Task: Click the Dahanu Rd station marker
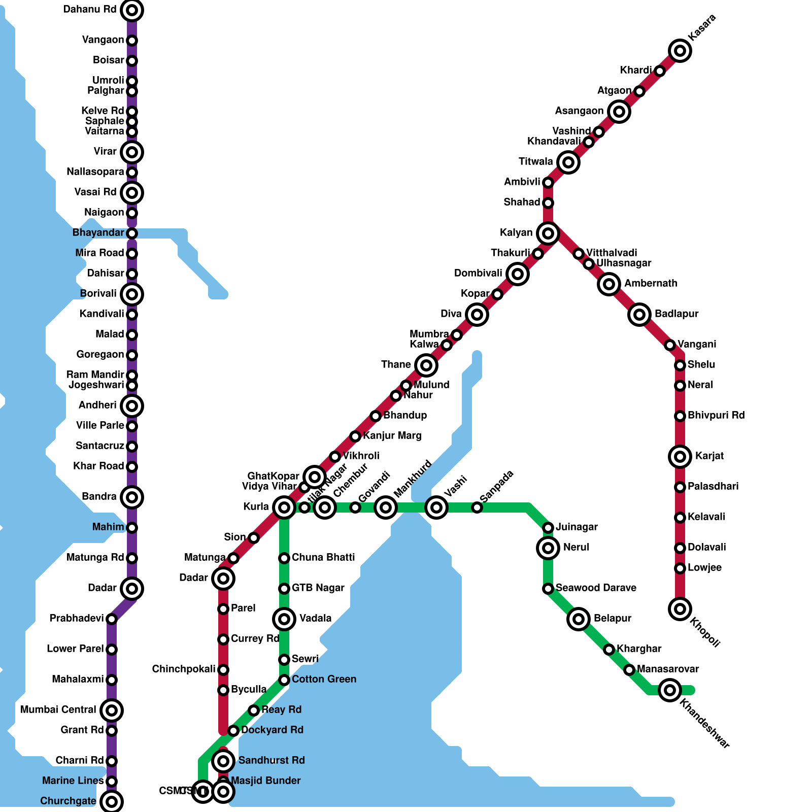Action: pos(132,10)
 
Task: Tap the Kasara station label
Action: pos(702,27)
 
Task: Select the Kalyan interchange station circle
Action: pos(548,233)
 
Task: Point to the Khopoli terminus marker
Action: pos(680,609)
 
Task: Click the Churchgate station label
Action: pos(68,801)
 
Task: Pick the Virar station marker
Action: pos(132,152)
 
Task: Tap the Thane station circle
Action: pos(426,365)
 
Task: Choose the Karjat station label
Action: pos(709,456)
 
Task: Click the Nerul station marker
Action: pos(548,548)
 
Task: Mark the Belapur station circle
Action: pos(579,619)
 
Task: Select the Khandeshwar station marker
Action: pos(670,690)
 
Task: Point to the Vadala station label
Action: pos(315,619)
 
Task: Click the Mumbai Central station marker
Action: pos(112,710)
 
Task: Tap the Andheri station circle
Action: pos(132,406)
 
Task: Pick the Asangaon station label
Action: pos(579,111)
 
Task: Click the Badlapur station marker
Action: pos(639,315)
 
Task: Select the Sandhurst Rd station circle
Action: pos(223,761)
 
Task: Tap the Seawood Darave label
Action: pos(596,588)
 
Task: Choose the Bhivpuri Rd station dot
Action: pos(680,416)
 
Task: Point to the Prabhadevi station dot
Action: pos(112,619)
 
